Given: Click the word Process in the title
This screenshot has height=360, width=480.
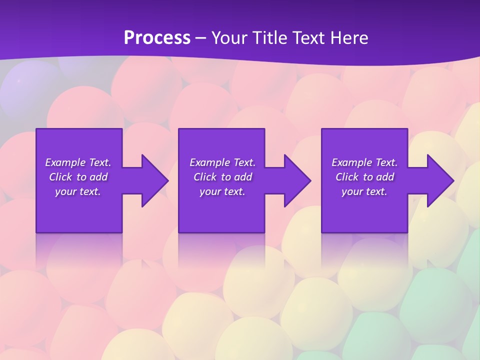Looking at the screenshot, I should click(x=157, y=38).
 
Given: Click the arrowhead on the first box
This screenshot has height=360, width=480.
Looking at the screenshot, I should click(x=152, y=180).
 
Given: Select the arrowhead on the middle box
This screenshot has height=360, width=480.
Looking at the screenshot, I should click(x=295, y=180).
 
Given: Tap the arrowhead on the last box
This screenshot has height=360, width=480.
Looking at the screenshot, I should click(x=437, y=180).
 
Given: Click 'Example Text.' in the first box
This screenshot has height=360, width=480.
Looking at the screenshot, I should click(x=78, y=162).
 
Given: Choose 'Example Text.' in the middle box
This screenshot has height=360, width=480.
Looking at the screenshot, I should click(x=222, y=162).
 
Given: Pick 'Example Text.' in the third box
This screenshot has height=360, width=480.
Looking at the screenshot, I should click(x=364, y=162).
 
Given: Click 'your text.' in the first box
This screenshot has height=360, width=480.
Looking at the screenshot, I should click(x=78, y=191).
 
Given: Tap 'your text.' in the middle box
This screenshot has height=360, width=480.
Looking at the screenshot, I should click(x=222, y=191).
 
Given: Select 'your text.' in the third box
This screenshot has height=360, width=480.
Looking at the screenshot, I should click(x=364, y=191).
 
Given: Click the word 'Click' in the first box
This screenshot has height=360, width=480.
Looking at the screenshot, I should click(x=60, y=177).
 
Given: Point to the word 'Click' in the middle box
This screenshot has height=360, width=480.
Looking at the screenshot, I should click(x=205, y=177).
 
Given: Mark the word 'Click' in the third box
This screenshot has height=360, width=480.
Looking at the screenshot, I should click(x=347, y=177).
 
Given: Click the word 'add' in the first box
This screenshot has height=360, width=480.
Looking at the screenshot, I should click(x=98, y=177).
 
